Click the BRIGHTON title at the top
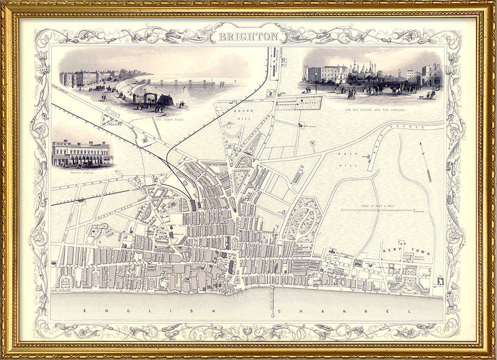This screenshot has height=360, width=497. (x=248, y=37)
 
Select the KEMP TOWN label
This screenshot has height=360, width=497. (x=406, y=246)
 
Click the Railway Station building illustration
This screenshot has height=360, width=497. (x=82, y=154)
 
